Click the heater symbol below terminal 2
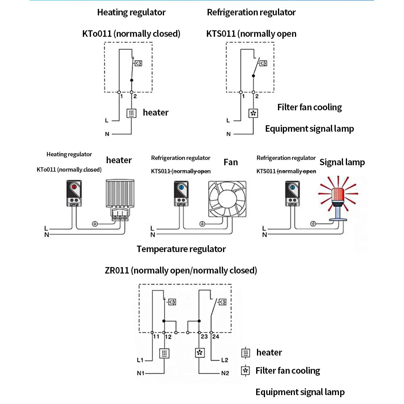(132, 114)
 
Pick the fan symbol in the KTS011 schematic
(253, 114)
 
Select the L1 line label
(141, 360)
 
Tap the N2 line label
(225, 373)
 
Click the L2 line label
(225, 360)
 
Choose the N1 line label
(141, 373)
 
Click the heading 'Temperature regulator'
(181, 249)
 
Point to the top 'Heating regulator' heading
(131, 13)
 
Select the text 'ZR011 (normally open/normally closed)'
(181, 270)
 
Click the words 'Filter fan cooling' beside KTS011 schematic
(309, 107)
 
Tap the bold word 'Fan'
(231, 162)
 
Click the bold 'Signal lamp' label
(342, 162)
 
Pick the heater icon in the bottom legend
(245, 353)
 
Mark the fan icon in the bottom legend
(245, 370)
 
